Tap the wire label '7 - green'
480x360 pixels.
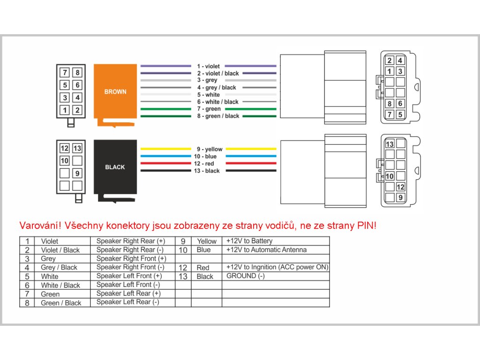coord(209,109)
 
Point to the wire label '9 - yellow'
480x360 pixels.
coord(210,149)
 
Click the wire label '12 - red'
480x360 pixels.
coord(204,164)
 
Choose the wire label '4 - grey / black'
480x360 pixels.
coord(217,88)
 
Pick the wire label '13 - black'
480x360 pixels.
coord(207,171)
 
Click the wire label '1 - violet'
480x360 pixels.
coord(209,66)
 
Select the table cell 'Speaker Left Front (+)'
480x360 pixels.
coord(129,276)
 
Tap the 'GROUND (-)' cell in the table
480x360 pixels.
coord(246,276)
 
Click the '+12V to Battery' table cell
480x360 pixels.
coord(249,241)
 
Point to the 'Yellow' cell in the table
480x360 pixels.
coord(207,241)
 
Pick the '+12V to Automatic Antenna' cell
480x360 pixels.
coord(266,250)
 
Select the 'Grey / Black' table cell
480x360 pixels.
coord(59,268)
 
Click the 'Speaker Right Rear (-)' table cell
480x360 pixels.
coord(130,250)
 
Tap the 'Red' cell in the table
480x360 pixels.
coord(203,268)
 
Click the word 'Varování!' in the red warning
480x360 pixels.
coord(40,225)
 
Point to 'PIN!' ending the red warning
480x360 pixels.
coord(367,225)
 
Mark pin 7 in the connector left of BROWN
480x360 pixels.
coord(65,73)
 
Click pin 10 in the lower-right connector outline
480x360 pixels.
coord(390,176)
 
